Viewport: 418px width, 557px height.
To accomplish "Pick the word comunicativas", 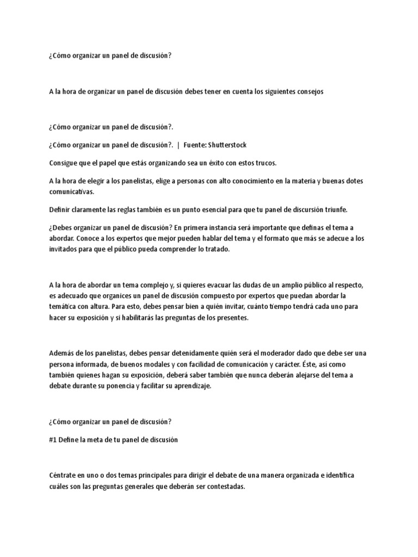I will coord(71,191).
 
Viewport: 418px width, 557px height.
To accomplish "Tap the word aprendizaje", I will coord(188,386).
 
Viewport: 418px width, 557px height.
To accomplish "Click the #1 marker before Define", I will coord(53,440).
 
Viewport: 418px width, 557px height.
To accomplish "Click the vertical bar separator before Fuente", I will coord(179,145).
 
